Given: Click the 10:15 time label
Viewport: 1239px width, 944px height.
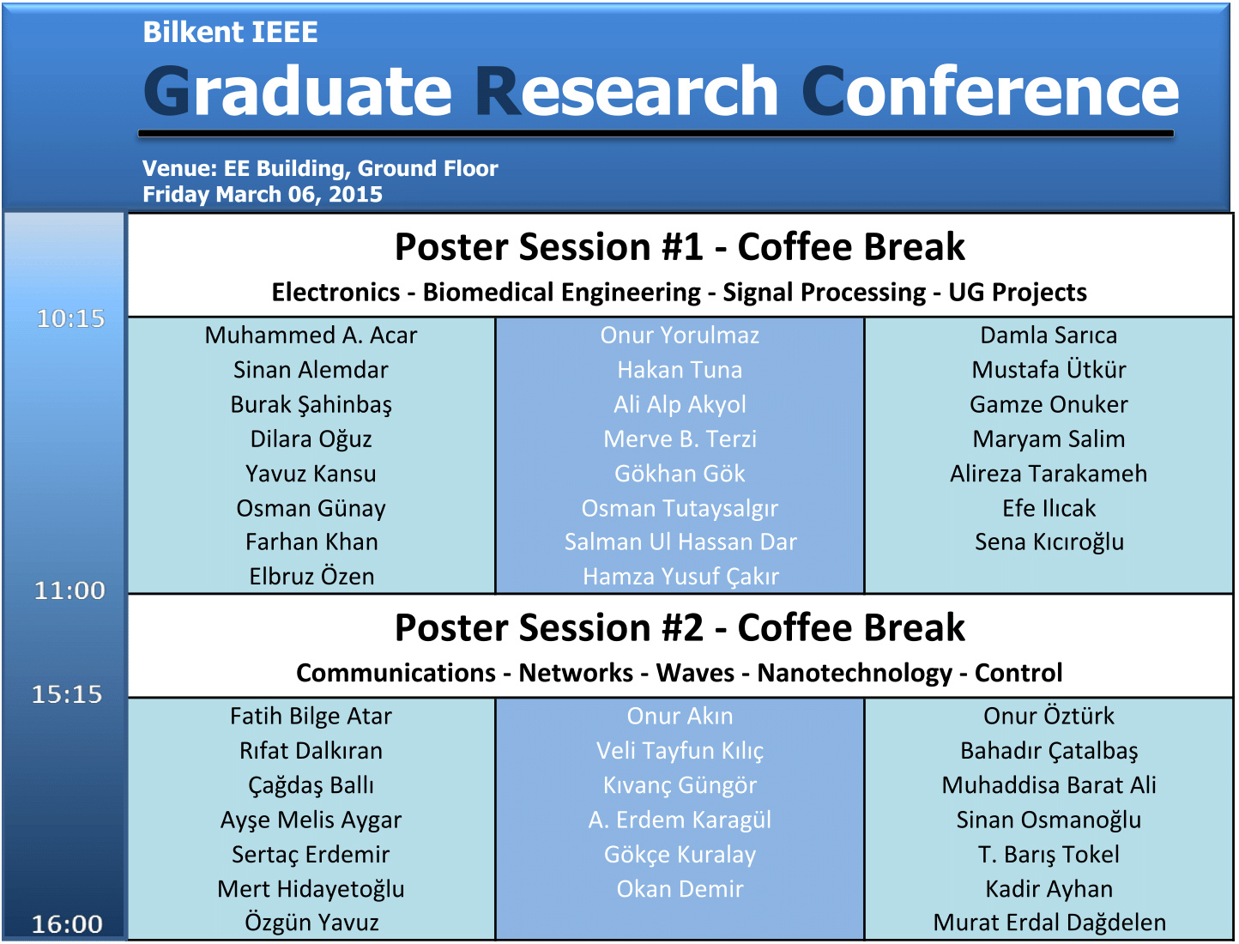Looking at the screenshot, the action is (70, 319).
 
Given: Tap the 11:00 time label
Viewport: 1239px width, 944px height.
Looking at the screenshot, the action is (70, 590).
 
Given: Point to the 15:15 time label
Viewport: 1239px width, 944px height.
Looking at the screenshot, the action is (67, 694).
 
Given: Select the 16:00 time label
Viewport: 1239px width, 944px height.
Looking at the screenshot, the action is (67, 924).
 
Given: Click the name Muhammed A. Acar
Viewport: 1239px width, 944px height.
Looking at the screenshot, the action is (311, 336).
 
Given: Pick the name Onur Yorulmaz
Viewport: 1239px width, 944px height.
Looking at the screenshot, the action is (680, 336).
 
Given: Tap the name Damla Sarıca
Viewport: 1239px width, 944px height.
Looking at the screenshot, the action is (1049, 336).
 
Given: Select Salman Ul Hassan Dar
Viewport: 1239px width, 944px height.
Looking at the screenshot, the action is (680, 542).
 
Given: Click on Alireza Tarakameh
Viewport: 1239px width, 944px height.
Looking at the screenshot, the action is (1049, 474).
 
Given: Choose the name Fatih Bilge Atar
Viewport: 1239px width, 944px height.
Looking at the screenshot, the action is (311, 717).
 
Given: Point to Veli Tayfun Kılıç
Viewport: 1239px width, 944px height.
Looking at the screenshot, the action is (680, 752).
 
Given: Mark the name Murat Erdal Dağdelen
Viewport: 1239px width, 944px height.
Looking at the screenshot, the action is (1049, 923).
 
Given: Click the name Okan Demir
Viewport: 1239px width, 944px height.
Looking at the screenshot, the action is (680, 889).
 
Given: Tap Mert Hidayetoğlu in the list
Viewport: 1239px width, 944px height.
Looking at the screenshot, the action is (311, 890).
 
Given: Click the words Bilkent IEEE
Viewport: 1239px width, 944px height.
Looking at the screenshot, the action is (230, 32).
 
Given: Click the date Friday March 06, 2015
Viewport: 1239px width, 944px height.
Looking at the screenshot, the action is (263, 195).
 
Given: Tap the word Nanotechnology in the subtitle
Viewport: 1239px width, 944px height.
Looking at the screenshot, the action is (854, 674).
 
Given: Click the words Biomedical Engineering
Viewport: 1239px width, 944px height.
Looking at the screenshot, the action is (562, 293).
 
